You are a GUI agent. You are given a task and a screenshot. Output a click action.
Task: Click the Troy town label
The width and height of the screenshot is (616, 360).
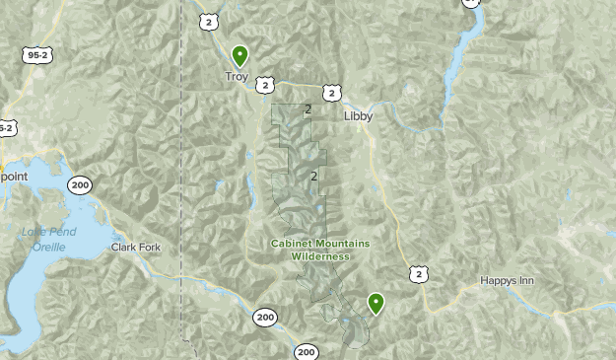pyautogui.click(x=237, y=76)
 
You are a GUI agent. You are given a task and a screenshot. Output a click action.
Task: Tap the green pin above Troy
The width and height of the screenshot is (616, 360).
pyautogui.click(x=240, y=55)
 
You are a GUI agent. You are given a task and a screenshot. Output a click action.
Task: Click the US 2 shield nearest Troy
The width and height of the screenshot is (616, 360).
pyautogui.click(x=265, y=85)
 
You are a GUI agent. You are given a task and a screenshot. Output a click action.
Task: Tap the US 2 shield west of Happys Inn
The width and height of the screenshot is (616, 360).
pyautogui.click(x=421, y=273)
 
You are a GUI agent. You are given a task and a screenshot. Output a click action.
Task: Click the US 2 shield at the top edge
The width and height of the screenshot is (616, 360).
pyautogui.click(x=208, y=21)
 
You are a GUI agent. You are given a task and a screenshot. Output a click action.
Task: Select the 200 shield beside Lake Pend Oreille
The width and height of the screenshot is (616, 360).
pyautogui.click(x=80, y=184)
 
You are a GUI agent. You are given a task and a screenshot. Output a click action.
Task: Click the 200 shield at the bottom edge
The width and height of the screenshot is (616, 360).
pyautogui.click(x=306, y=351)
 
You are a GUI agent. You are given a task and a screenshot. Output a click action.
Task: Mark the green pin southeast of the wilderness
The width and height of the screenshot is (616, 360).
pyautogui.click(x=376, y=303)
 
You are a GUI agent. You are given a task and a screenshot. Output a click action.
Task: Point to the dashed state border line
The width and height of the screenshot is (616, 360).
pyautogui.click(x=182, y=197)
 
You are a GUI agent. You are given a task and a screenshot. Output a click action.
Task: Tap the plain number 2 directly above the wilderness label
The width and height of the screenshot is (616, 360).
pyautogui.click(x=313, y=177)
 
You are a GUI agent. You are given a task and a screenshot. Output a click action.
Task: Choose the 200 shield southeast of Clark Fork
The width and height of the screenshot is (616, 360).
pyautogui.click(x=264, y=317)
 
